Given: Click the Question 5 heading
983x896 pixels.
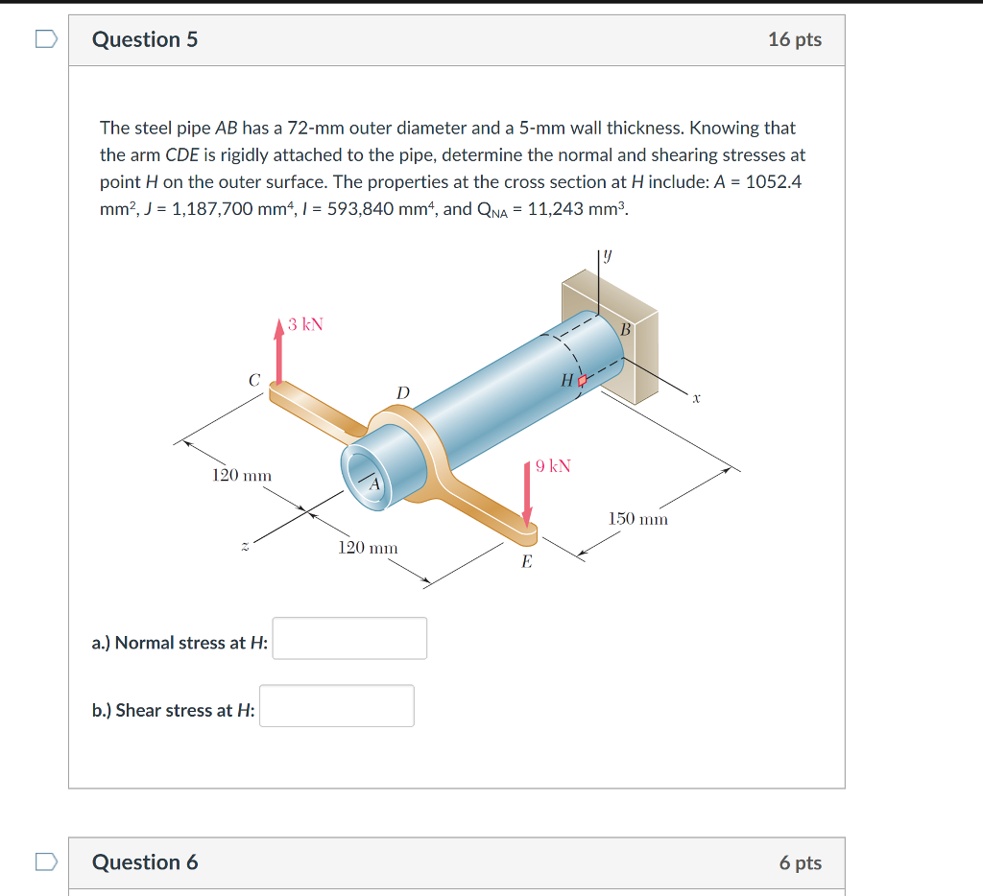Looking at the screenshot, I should click(145, 39).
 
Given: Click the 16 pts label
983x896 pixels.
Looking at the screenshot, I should click(794, 39).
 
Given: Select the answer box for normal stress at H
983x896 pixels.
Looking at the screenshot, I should click(349, 638).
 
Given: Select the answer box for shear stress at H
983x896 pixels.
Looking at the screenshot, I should click(336, 705).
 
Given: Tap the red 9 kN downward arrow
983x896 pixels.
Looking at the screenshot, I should click(527, 494).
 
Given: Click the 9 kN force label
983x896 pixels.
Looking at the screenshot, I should click(553, 466).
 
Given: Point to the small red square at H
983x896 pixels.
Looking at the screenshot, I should click(582, 381).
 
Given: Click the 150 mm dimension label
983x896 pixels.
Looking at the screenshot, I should click(638, 519).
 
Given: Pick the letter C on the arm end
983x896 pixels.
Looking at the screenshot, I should click(254, 381).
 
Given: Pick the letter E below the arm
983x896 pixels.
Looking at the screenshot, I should click(526, 563).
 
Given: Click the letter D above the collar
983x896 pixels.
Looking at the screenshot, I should click(402, 392).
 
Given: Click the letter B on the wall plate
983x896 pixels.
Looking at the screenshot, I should click(626, 330).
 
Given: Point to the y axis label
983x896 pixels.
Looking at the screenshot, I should click(608, 256).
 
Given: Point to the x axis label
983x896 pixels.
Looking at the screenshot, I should click(698, 396).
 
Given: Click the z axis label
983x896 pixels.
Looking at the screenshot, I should click(245, 546).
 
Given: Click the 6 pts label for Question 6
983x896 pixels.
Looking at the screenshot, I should click(800, 862).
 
